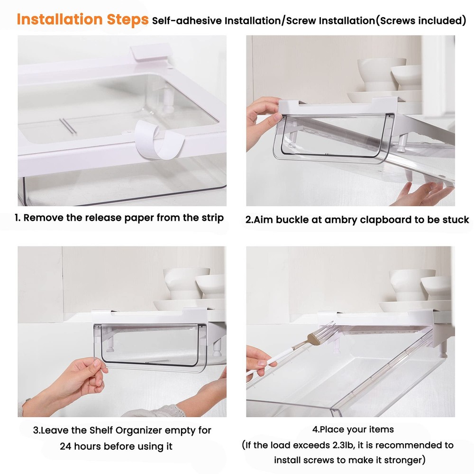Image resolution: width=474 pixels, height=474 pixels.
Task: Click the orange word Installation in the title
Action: [59, 19]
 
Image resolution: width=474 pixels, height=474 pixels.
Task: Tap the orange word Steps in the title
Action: [127, 19]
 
